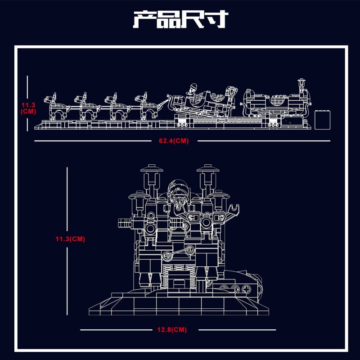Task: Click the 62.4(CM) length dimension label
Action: (174, 141)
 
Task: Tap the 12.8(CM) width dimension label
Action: (172, 330)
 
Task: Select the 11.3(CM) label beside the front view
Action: (70, 239)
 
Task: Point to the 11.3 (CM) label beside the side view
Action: (28, 108)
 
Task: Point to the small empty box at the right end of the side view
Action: (322, 120)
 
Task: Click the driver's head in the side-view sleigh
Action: (193, 89)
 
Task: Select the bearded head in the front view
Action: (179, 195)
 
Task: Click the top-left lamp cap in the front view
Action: (152, 168)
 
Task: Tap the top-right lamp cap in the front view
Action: (208, 168)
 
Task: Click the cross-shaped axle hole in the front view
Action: (246, 288)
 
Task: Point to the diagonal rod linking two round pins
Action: (178, 252)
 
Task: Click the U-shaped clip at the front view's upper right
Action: (234, 208)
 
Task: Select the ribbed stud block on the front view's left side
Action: (125, 222)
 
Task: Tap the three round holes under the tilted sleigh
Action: (182, 125)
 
